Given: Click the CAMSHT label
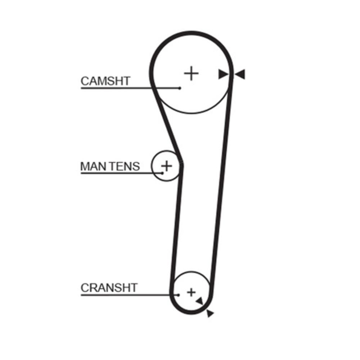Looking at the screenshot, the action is coord(105,81).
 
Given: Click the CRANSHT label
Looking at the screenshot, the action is coord(109,288).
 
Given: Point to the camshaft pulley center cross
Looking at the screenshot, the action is coord(191,73).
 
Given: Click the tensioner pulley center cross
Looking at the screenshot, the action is coord(167,166).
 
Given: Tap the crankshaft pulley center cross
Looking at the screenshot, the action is coord(191,292).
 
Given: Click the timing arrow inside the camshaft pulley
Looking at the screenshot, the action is coord(223,74).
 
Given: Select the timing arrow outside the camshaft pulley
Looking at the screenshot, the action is coord(240,74).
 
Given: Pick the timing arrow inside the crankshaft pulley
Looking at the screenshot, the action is coord(200,301).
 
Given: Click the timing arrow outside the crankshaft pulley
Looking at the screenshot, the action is coord(210,313).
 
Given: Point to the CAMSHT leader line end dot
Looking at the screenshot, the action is coord(180,88).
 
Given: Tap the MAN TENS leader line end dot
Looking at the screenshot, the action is coord(163,173).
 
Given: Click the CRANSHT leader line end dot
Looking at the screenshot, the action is coord(179,295).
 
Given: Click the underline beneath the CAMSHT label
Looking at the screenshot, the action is coord(130,88).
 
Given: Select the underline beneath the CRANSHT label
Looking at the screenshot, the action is coord(130,295).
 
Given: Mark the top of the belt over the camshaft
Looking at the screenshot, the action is coord(191,33).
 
